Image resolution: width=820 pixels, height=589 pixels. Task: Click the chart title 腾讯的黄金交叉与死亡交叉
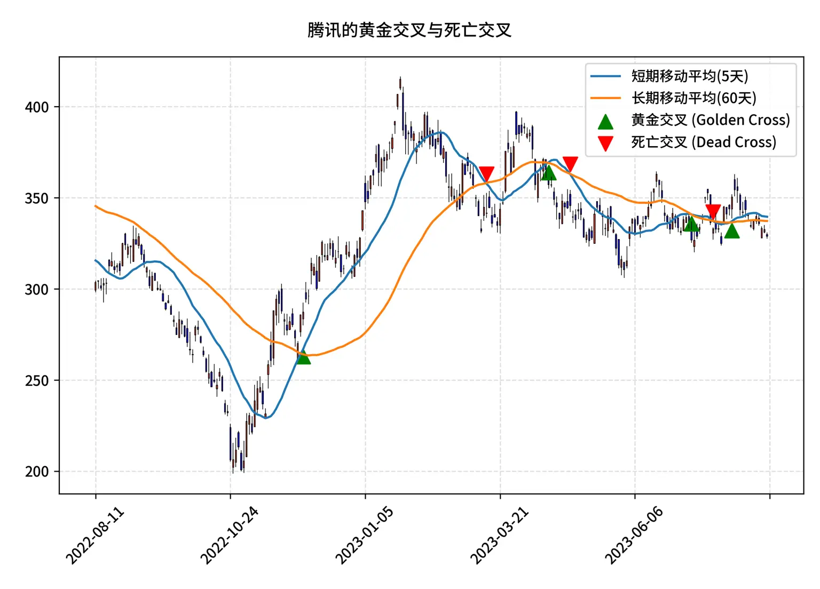[x=409, y=30]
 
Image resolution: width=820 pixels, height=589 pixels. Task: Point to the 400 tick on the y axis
[x=36, y=107]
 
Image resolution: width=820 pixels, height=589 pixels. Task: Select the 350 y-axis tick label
[x=36, y=198]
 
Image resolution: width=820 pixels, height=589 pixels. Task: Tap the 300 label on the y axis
[x=36, y=290]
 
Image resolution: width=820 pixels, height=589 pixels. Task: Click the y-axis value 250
[x=36, y=381]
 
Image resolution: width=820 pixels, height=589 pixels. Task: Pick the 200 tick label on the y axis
[x=36, y=472]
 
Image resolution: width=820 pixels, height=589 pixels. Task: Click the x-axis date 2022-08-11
[x=95, y=535]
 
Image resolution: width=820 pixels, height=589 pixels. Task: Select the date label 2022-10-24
[x=230, y=535]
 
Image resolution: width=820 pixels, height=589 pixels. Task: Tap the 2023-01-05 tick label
[x=365, y=535]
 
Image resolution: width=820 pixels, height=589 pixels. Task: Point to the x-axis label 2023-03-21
[x=500, y=535]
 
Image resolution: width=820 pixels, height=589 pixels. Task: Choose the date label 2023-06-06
[x=634, y=535]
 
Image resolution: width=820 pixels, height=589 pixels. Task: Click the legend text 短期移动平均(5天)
[x=690, y=76]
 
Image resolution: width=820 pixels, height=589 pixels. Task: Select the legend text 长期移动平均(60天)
[x=694, y=98]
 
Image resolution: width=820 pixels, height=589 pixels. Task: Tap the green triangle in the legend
[x=605, y=122]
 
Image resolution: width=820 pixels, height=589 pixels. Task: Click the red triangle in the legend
[x=605, y=143]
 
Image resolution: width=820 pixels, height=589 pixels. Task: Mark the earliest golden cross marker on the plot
[x=303, y=357]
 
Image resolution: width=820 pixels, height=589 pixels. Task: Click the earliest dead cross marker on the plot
[x=486, y=173]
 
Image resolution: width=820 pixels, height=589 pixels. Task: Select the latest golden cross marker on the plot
[x=732, y=231]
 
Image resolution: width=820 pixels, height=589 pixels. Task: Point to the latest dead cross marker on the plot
[x=713, y=211]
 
